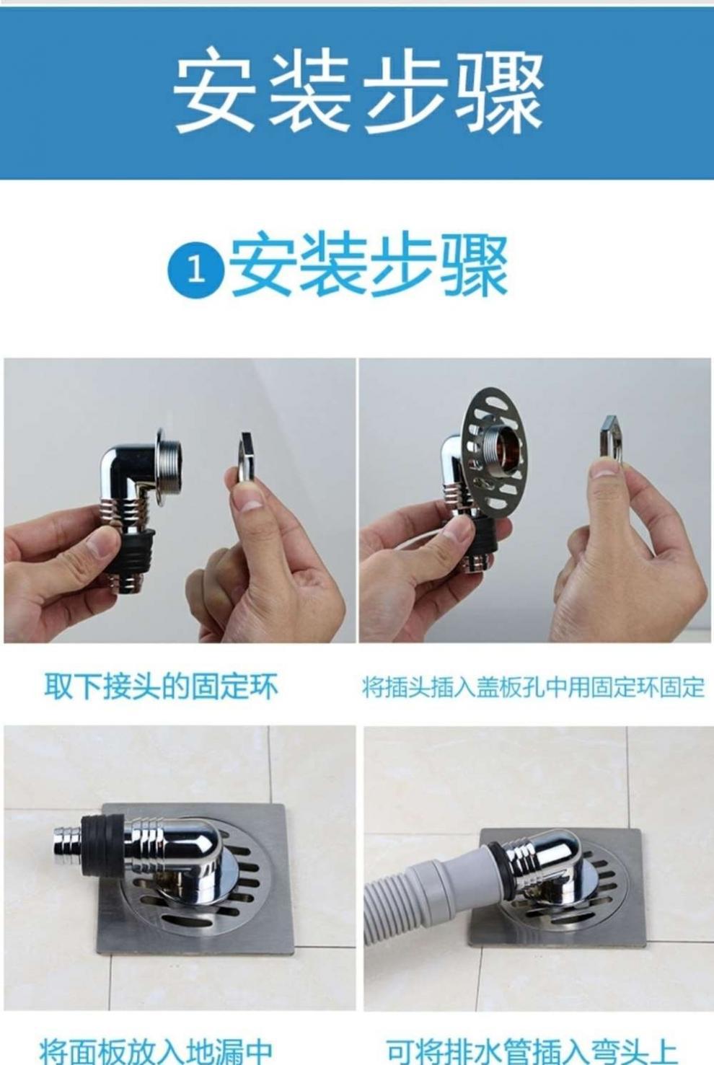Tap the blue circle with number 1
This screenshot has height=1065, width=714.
tap(195, 270)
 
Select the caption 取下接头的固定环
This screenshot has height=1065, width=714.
tap(161, 686)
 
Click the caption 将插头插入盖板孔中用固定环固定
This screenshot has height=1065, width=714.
tap(533, 687)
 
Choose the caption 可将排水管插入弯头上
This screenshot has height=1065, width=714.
tap(532, 1049)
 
